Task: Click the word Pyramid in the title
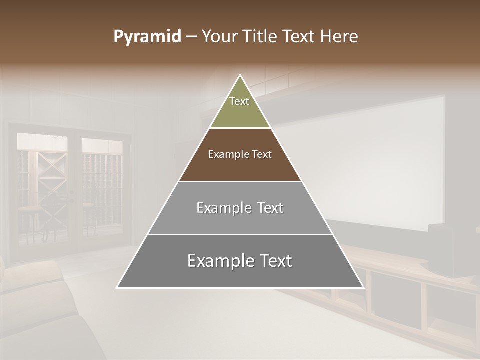[147, 37]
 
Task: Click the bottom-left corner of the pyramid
[118, 287]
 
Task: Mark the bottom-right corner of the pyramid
[363, 287]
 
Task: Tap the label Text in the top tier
[239, 101]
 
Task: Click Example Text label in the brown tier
[240, 154]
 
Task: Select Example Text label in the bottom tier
[240, 261]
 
